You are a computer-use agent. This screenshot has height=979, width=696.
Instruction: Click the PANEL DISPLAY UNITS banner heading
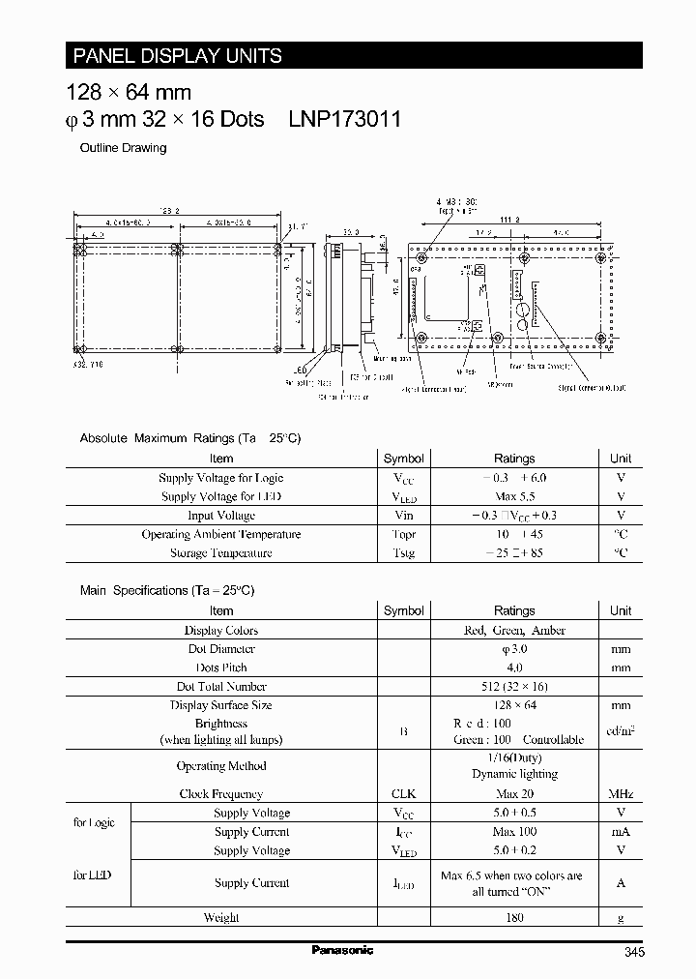[174, 56]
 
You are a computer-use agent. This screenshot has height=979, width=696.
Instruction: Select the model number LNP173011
[345, 119]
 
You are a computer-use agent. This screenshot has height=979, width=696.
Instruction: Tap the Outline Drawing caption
[122, 148]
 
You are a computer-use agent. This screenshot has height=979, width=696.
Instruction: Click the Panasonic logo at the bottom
[342, 950]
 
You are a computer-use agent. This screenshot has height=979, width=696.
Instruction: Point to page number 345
[634, 953]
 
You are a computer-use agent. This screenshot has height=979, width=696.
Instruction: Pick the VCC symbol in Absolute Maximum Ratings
[403, 478]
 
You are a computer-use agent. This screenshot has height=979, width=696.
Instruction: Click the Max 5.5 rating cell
[514, 496]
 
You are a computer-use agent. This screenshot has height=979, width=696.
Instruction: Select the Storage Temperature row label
[221, 553]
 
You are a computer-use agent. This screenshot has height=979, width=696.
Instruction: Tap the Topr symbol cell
[403, 534]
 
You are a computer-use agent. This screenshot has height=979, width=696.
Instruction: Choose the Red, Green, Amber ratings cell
[514, 630]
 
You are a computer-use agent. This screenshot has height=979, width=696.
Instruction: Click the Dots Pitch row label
[221, 667]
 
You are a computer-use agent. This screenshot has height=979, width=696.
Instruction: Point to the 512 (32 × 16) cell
[514, 686]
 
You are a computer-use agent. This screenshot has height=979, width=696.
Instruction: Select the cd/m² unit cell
[621, 731]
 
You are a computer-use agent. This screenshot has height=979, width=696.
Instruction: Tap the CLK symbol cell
[403, 793]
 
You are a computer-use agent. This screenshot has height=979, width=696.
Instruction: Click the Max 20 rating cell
[514, 793]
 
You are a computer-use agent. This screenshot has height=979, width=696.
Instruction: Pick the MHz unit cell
[621, 793]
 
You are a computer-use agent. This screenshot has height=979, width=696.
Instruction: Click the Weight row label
[221, 917]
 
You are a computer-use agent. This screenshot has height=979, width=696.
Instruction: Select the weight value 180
[514, 917]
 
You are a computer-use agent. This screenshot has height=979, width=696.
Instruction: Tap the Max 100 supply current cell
[514, 832]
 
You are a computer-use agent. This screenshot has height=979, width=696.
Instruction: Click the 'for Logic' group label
[94, 822]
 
